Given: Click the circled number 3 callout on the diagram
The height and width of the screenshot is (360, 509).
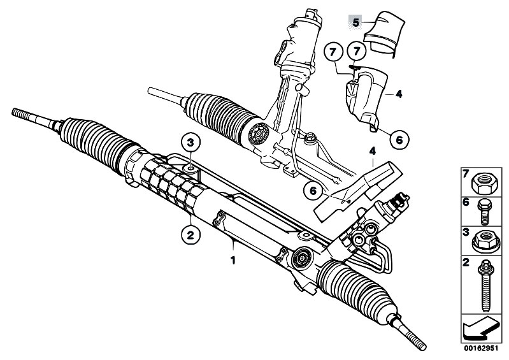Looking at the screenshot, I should tap(194, 141).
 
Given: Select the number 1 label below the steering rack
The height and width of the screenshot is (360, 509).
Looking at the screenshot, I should tap(233, 260).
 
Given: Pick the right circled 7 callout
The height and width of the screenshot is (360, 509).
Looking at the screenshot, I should tap(356, 51).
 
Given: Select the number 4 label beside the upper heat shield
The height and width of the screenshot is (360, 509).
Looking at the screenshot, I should tap(399, 94).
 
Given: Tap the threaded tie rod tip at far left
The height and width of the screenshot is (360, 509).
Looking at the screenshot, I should tap(19, 115).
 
